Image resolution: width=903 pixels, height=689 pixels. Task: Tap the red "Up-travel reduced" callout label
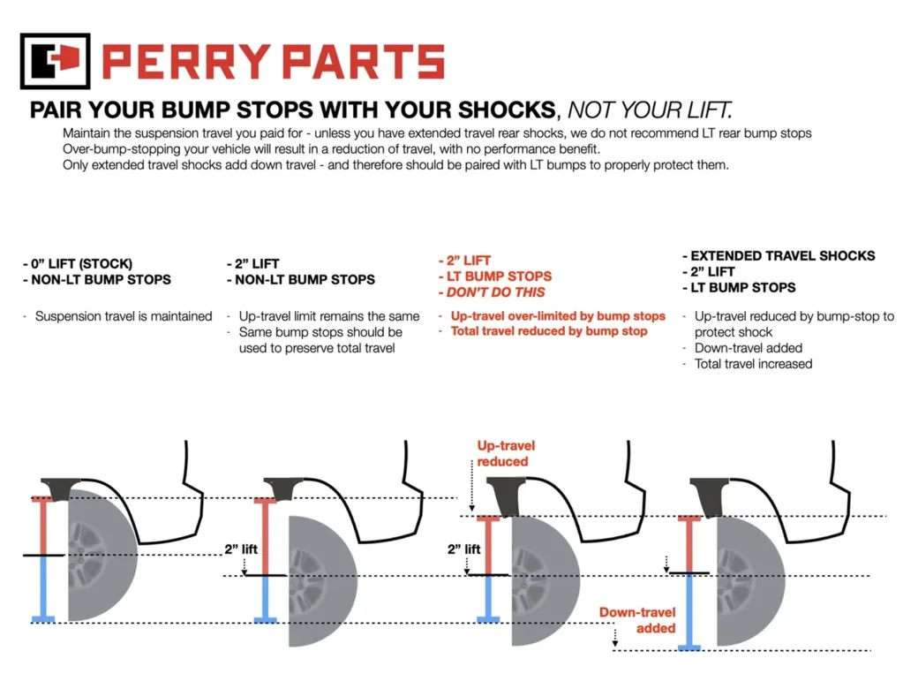point(506,453)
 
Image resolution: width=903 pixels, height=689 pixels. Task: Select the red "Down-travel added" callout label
point(637,620)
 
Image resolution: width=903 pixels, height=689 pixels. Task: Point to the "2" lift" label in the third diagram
point(463,549)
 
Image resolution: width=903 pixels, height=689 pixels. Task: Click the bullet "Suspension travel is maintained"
point(123,316)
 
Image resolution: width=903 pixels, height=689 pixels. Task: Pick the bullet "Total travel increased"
point(753,364)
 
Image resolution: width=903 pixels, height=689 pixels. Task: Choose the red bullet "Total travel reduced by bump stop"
point(548,331)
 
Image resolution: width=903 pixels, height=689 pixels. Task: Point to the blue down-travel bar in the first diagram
point(41,587)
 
